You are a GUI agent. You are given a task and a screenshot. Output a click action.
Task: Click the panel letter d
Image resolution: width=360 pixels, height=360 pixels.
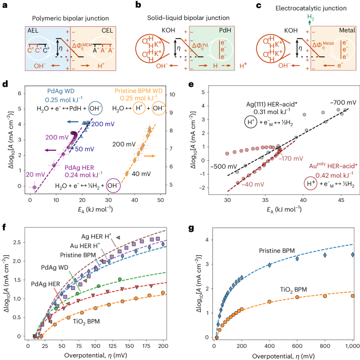5,84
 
